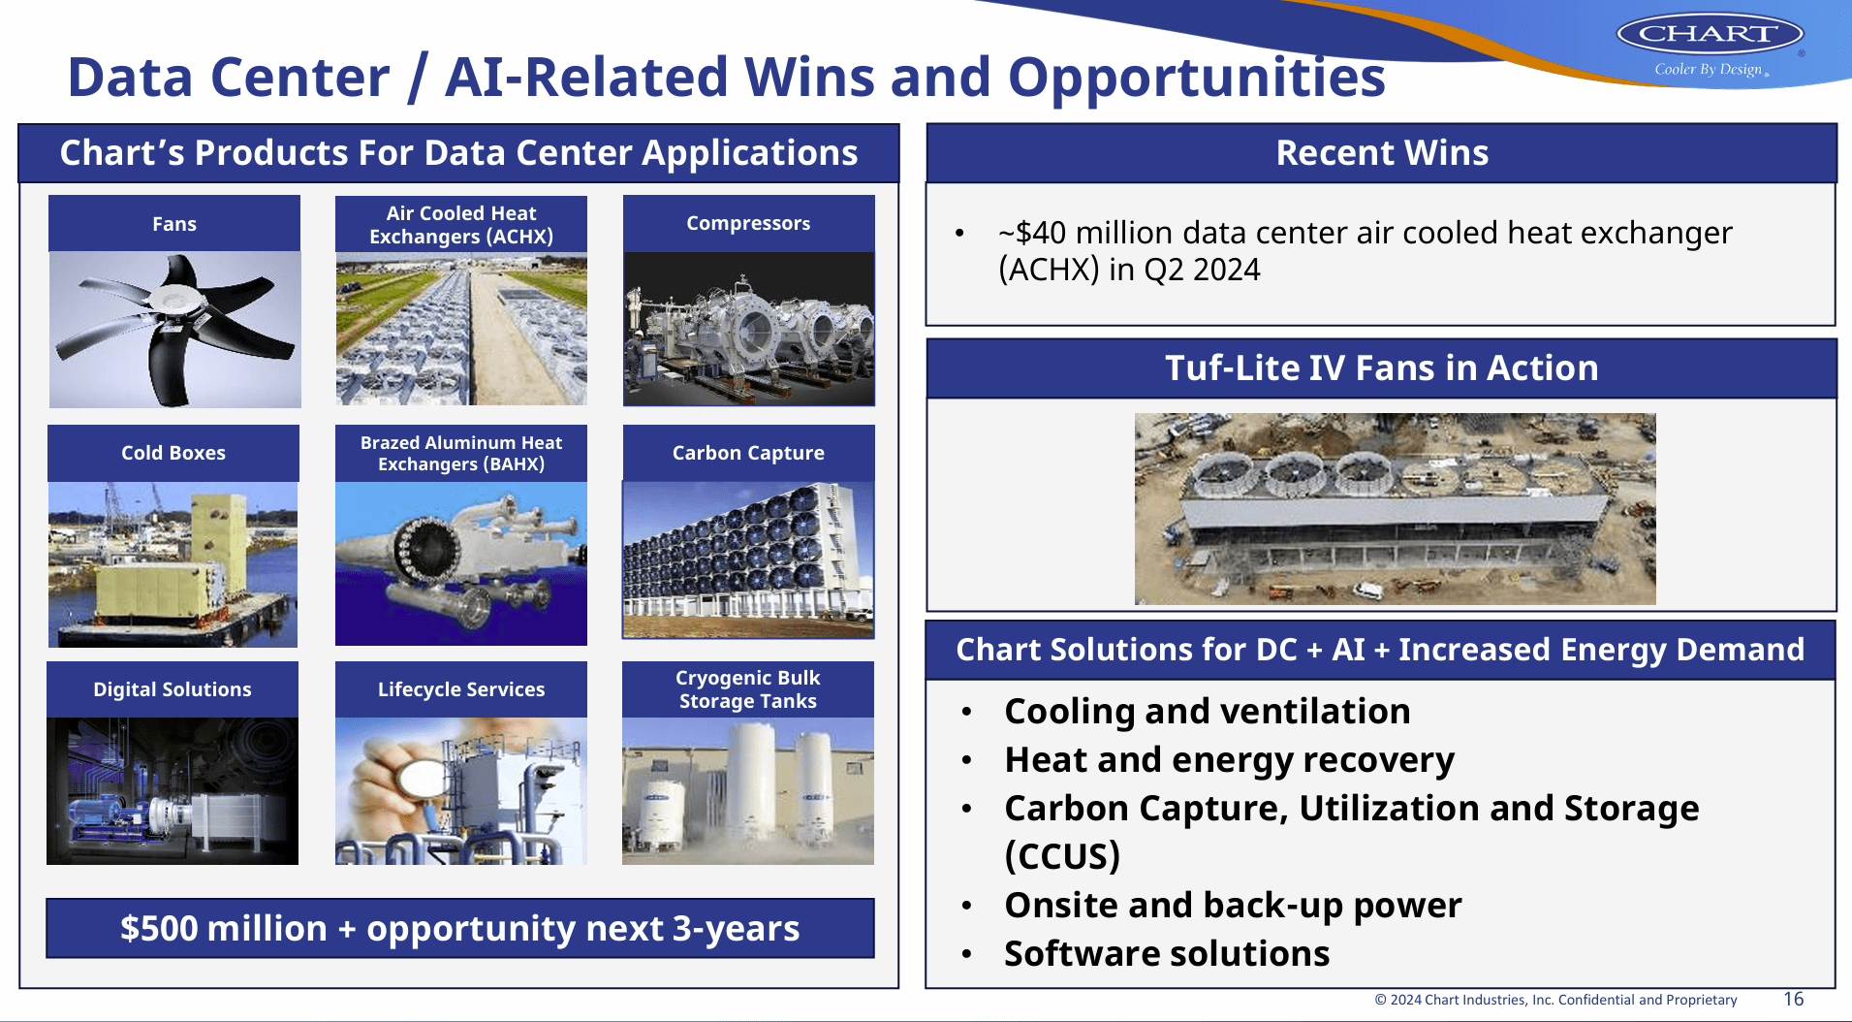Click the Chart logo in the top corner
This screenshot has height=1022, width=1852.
pyautogui.click(x=1709, y=35)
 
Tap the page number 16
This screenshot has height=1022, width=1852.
pyautogui.click(x=1793, y=999)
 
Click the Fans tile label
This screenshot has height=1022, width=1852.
pyautogui.click(x=174, y=224)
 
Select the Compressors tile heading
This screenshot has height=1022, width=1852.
pyautogui.click(x=748, y=223)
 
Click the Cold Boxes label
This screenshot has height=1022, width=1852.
pyautogui.click(x=173, y=453)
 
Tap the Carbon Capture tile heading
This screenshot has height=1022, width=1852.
pyautogui.click(x=748, y=453)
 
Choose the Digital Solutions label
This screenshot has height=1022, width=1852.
pyautogui.click(x=173, y=689)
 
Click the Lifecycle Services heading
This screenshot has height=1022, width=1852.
pyautogui.click(x=461, y=689)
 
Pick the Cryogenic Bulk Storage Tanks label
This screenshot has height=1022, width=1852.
pyautogui.click(x=748, y=689)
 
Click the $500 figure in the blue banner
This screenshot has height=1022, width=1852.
pyautogui.click(x=159, y=929)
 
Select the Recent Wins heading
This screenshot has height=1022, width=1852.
pyautogui.click(x=1382, y=153)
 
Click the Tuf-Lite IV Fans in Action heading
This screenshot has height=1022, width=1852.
pyautogui.click(x=1382, y=368)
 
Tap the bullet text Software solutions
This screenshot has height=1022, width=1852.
pyautogui.click(x=1167, y=954)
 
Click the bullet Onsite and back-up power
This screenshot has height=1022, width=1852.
pyautogui.click(x=1233, y=906)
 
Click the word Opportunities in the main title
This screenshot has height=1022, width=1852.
pyautogui.click(x=1197, y=78)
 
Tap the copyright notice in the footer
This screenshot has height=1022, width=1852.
pyautogui.click(x=1555, y=1000)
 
